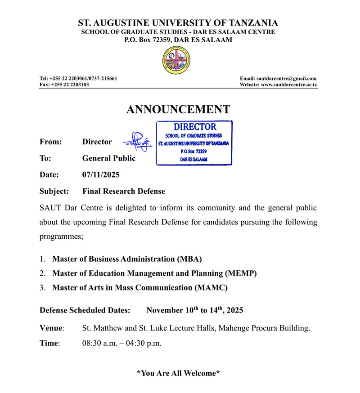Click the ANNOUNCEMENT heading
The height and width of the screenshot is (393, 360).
tap(178, 109)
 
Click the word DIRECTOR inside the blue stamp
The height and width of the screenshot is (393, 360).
tap(195, 127)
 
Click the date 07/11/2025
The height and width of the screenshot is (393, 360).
tap(101, 174)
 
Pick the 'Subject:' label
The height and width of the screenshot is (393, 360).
tap(54, 191)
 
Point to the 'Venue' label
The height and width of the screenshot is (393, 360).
tap(51, 328)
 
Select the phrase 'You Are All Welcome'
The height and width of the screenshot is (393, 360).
tap(178, 373)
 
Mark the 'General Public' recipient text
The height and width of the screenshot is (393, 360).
tap(108, 158)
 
